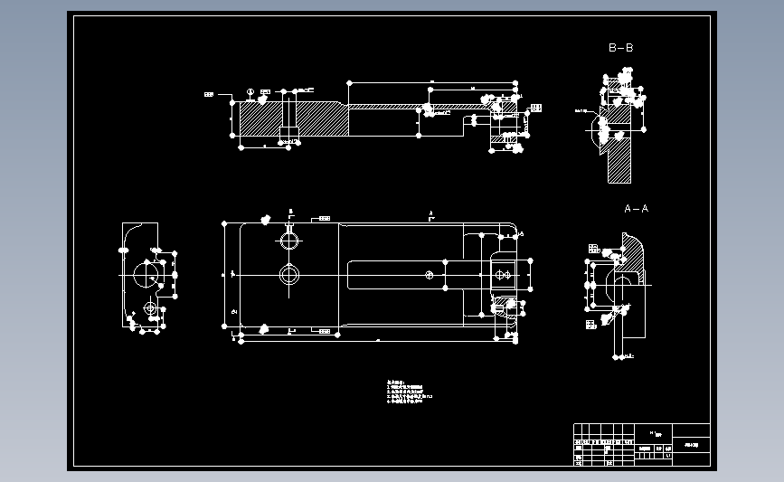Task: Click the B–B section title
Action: pyautogui.click(x=620, y=47)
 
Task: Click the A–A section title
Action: pyautogui.click(x=636, y=208)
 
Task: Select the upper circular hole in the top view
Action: pyautogui.click(x=289, y=241)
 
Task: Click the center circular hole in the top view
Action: pyautogui.click(x=289, y=274)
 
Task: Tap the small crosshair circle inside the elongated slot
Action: pyautogui.click(x=430, y=273)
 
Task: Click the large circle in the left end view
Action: pyautogui.click(x=145, y=273)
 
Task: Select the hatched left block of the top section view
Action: pyautogui.click(x=262, y=118)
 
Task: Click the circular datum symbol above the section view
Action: pyautogui.click(x=250, y=93)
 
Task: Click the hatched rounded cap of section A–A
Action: pyautogui.click(x=635, y=254)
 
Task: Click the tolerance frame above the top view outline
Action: pyautogui.click(x=324, y=218)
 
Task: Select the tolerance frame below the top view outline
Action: pyautogui.click(x=324, y=332)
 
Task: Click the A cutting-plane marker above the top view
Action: pyautogui.click(x=431, y=214)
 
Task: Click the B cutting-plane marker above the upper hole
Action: pyautogui.click(x=290, y=213)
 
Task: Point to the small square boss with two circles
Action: pyautogui.click(x=502, y=273)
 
